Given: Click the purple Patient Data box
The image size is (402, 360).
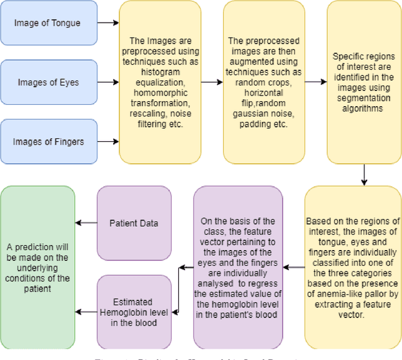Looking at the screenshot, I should click(133, 222).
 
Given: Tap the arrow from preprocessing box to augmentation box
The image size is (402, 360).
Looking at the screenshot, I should click(212, 82).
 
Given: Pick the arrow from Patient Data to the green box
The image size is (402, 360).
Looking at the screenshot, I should click(85, 222).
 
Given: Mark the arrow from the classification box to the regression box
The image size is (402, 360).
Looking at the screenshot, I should click(294, 266).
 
